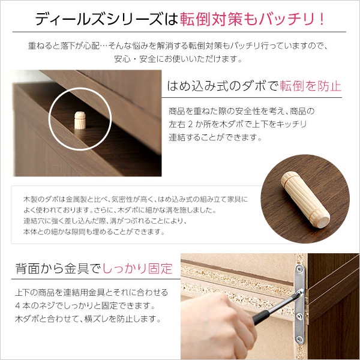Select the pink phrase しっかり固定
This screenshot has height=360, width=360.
click(x=137, y=268)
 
